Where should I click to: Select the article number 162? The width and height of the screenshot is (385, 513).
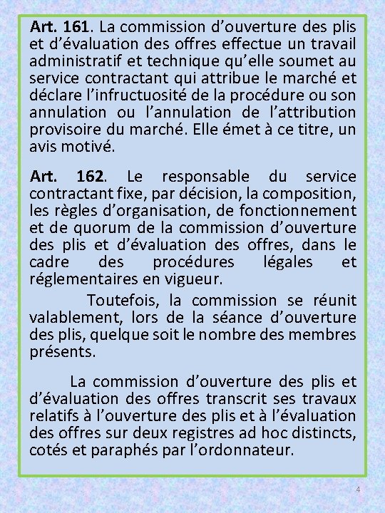(x=89, y=176)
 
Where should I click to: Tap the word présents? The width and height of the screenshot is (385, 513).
(x=62, y=352)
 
